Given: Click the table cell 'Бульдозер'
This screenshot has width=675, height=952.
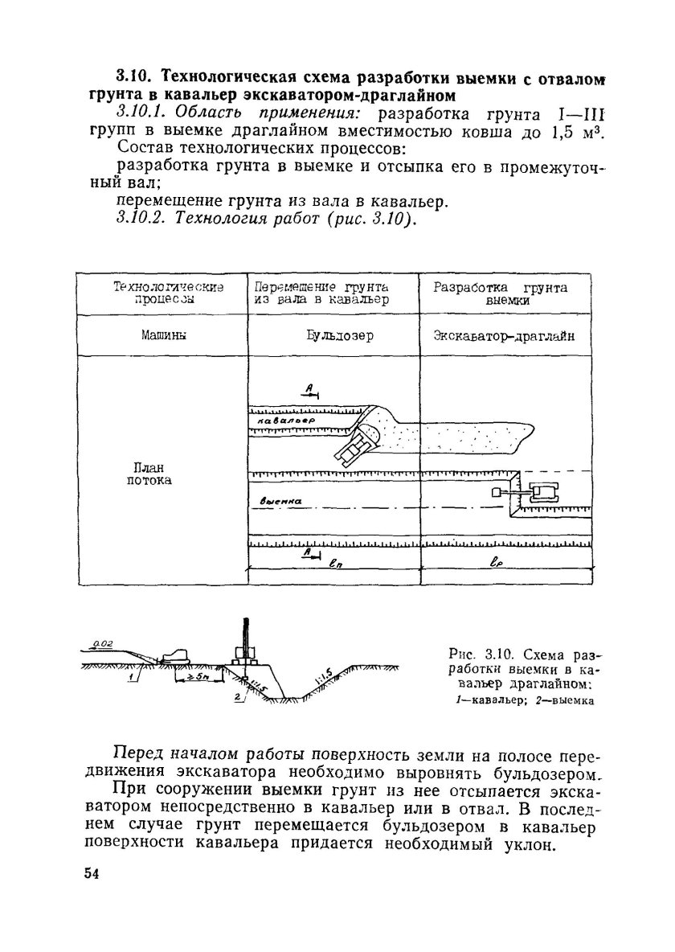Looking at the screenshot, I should point(333,337).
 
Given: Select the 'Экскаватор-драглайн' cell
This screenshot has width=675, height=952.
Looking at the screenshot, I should point(505,337).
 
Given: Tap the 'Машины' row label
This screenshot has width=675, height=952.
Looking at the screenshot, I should point(161,337).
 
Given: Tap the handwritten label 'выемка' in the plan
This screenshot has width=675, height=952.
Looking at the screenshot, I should point(281,501).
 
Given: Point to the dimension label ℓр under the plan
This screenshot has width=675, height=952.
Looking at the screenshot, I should point(495,565).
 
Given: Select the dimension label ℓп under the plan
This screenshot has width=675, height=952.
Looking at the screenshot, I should point(333,565).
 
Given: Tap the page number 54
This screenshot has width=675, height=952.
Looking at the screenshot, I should point(91,875).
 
